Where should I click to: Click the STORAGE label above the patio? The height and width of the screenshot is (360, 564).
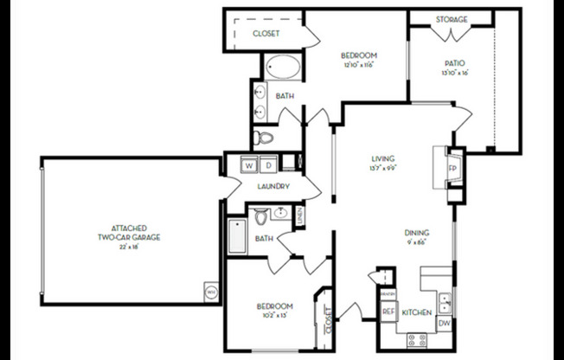point(451,19)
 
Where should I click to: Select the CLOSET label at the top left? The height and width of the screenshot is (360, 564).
point(266,34)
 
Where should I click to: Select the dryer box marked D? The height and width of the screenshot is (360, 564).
point(268,164)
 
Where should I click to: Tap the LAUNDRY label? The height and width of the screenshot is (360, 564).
point(272,186)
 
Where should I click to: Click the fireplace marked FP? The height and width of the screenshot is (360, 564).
point(452,166)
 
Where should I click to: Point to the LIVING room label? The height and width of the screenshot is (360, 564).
point(383,159)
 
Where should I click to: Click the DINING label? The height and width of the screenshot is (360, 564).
point(420,233)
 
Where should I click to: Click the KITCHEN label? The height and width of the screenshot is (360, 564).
point(416,312)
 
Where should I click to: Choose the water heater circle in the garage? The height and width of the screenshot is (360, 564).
point(211,291)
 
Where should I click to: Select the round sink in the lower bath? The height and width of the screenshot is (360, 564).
point(281,214)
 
